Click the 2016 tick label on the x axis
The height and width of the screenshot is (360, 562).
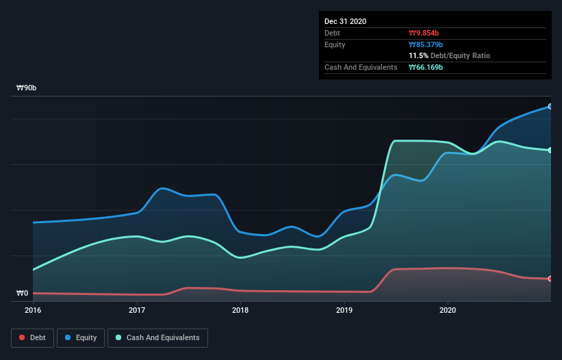(33, 310)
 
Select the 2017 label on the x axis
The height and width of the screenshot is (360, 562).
(137, 310)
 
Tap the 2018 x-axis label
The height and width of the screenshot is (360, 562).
(240, 310)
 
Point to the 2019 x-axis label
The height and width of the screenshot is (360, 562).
(344, 310)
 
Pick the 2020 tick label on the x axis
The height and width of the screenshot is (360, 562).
(448, 310)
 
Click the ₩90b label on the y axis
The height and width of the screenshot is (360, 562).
(27, 88)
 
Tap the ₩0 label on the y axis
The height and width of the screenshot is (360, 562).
(23, 294)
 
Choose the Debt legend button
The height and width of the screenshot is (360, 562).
(33, 337)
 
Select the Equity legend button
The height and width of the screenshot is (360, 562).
(81, 337)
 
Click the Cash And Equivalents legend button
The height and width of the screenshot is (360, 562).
(157, 337)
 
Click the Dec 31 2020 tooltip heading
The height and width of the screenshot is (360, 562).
(346, 21)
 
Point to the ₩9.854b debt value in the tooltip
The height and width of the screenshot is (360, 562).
(422, 33)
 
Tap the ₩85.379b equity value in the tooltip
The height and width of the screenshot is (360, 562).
(424, 44)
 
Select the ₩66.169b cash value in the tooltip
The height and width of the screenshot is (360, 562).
(424, 67)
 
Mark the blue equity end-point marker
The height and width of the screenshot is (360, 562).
(550, 106)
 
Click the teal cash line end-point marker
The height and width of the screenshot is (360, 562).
(550, 150)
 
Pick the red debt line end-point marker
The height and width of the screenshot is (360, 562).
(550, 279)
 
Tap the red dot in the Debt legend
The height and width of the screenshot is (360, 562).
(23, 337)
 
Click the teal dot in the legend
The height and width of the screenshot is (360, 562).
(118, 337)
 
